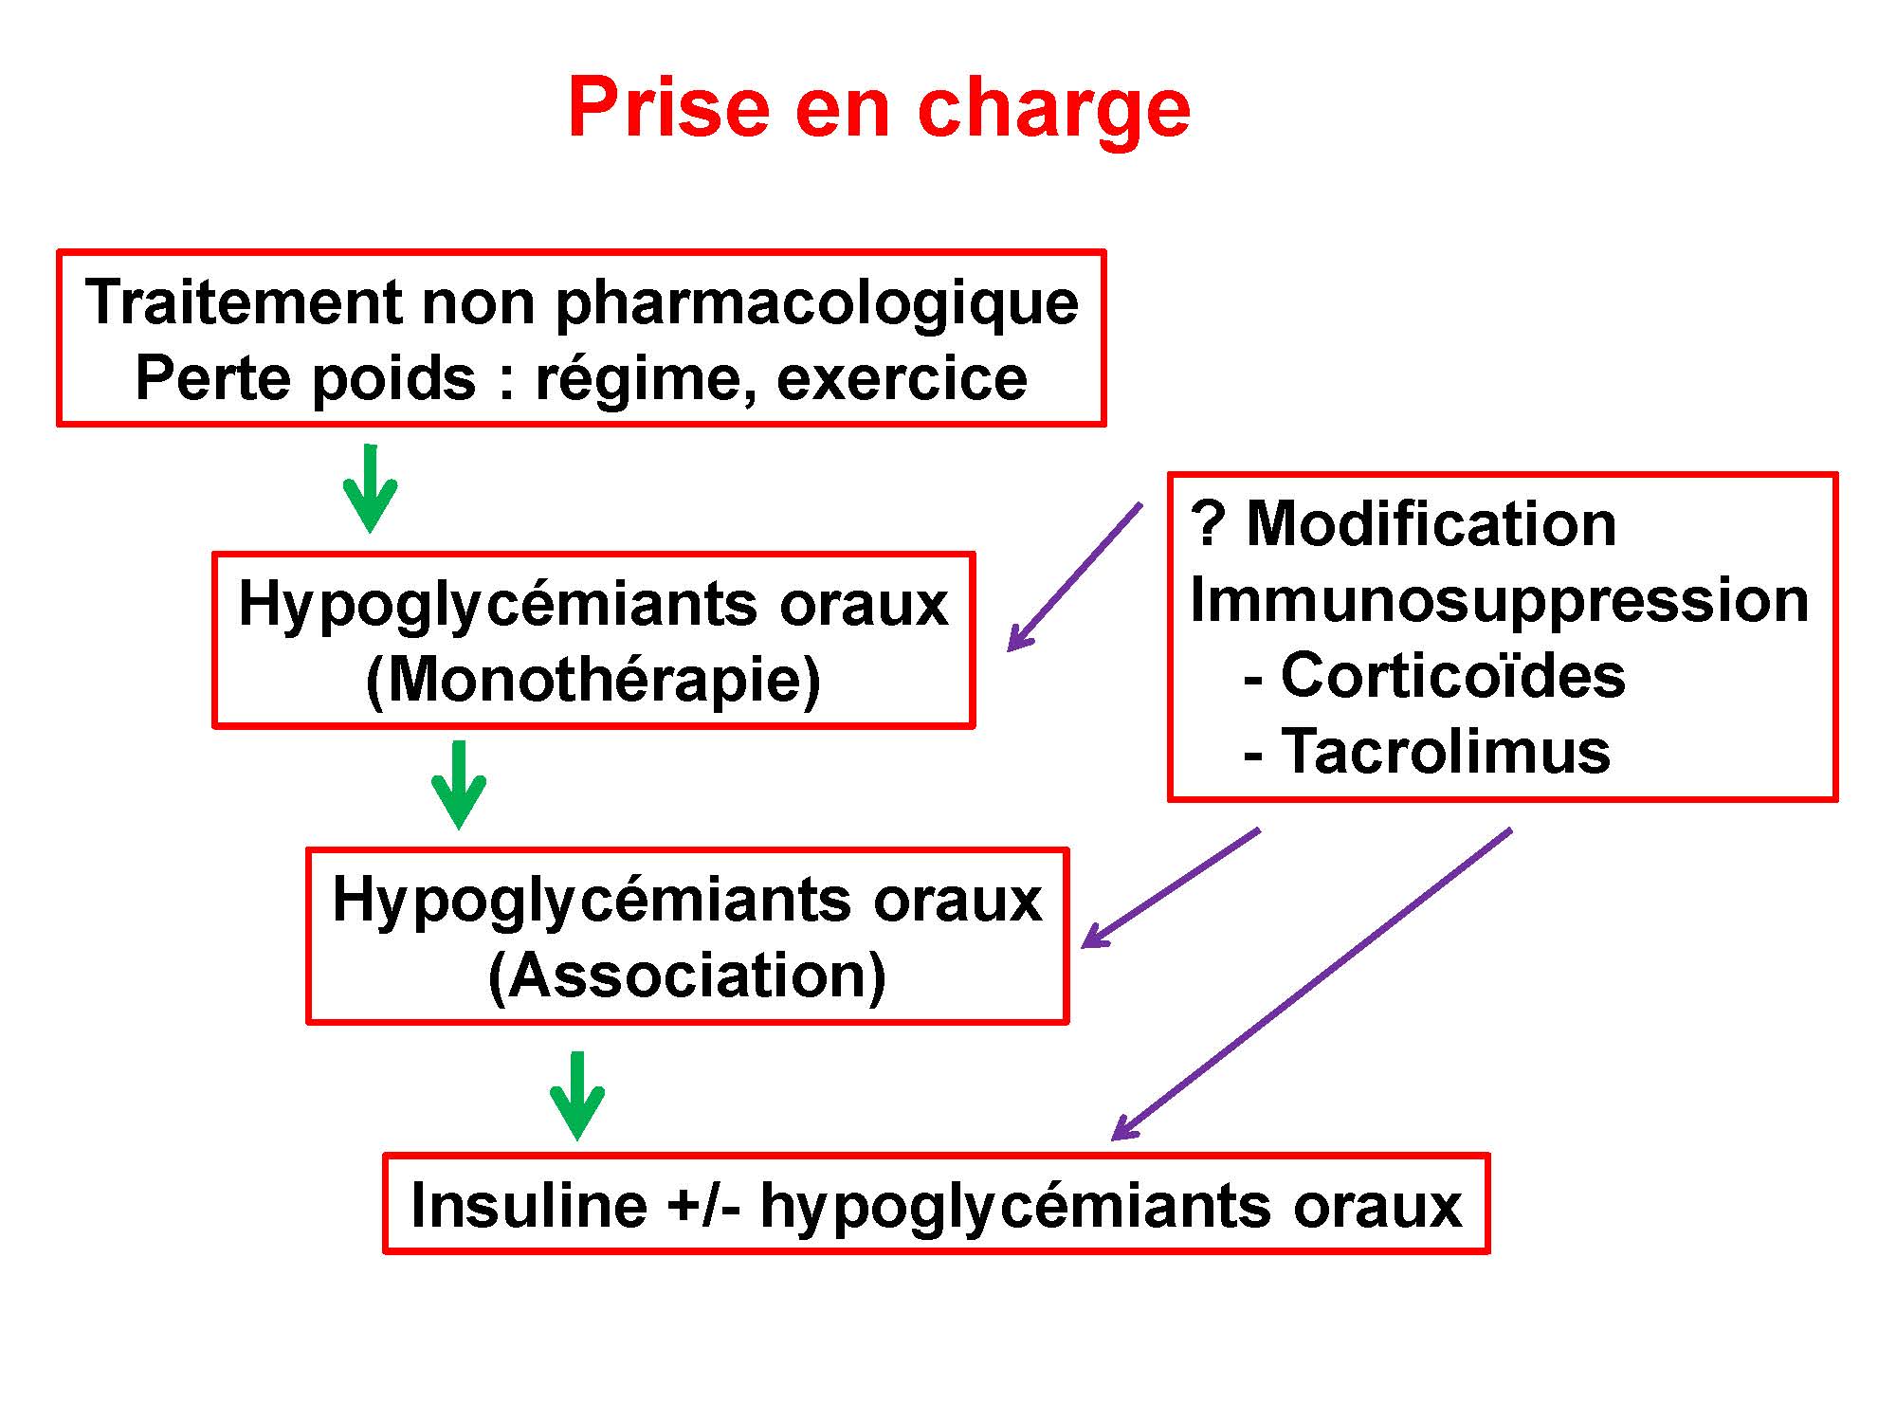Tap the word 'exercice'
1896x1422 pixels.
[x=902, y=379]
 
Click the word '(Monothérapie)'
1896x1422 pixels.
[x=593, y=680]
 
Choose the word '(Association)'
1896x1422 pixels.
[x=687, y=975]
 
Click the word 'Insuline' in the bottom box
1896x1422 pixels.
[x=529, y=1206]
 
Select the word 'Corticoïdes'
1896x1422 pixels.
[x=1453, y=677]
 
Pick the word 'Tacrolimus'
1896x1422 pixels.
[x=1446, y=753]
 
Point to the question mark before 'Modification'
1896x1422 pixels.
[x=1207, y=524]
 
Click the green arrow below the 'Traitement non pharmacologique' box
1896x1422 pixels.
[x=370, y=488]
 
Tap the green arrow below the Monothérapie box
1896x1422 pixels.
[x=459, y=785]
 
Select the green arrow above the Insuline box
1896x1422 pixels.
[x=577, y=1096]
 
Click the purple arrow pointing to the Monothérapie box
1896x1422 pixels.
[x=1074, y=577]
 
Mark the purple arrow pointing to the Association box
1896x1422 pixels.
[x=1171, y=888]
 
